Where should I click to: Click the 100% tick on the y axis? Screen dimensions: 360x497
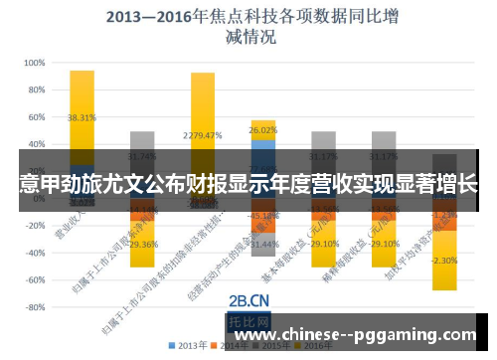33,62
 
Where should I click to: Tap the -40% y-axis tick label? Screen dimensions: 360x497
33,254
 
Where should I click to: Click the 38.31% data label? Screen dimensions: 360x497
82,117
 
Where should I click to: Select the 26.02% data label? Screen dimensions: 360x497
263,130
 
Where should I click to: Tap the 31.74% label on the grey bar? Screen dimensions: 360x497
142,156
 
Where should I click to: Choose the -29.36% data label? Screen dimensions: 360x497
142,244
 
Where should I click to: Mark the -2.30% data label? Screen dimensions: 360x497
444,261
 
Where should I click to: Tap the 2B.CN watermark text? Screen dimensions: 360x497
248,299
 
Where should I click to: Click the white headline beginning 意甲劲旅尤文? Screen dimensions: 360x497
248,184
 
